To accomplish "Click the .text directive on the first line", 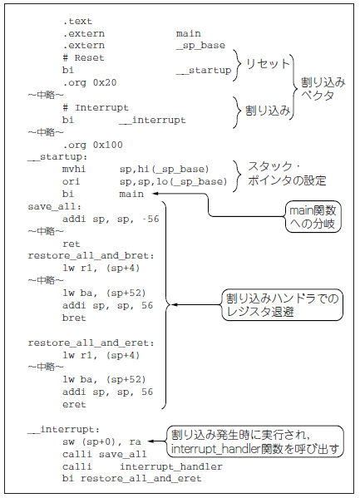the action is point(77,22).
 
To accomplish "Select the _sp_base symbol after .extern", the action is point(200,46).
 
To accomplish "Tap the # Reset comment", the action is point(83,58).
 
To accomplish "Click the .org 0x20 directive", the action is point(90,82).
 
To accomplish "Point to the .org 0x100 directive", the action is point(92,145).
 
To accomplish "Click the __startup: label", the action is point(57,157).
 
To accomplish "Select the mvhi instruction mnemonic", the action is point(74,169).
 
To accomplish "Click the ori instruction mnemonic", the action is point(72,181).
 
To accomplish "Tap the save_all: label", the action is point(55,206).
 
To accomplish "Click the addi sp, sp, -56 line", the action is point(111,219).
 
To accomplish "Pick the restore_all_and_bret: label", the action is point(91,256).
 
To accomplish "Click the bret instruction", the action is point(74,318).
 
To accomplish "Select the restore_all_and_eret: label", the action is point(91,343).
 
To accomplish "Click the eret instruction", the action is point(74,405).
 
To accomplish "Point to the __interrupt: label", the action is point(63,429).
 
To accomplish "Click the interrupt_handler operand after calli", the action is point(171,466).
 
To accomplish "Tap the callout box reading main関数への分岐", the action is point(313,217).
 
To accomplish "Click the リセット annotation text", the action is point(268,64).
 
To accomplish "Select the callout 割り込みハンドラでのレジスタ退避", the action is point(282,304).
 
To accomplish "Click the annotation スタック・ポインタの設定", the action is point(287,174).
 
